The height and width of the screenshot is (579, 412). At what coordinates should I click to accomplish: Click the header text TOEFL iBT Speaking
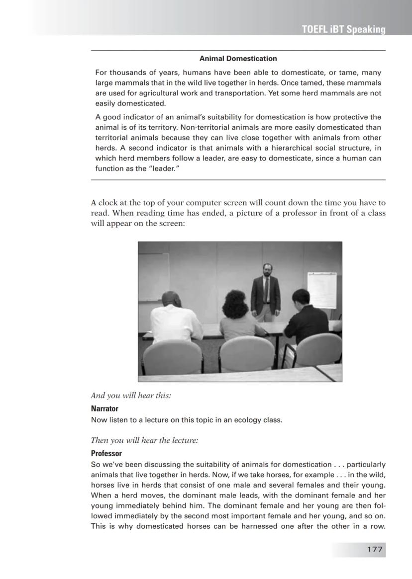click(x=343, y=29)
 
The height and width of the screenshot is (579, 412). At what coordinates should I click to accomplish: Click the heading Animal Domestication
click(x=238, y=59)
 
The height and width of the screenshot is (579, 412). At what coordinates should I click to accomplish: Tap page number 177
click(x=374, y=549)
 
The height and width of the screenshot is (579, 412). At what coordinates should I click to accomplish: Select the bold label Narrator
click(x=104, y=409)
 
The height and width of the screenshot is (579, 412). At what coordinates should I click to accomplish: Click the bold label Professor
click(x=106, y=453)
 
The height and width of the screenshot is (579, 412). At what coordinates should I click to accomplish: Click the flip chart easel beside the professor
click(x=321, y=290)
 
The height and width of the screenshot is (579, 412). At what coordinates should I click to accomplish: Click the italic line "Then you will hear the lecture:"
click(x=144, y=440)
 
